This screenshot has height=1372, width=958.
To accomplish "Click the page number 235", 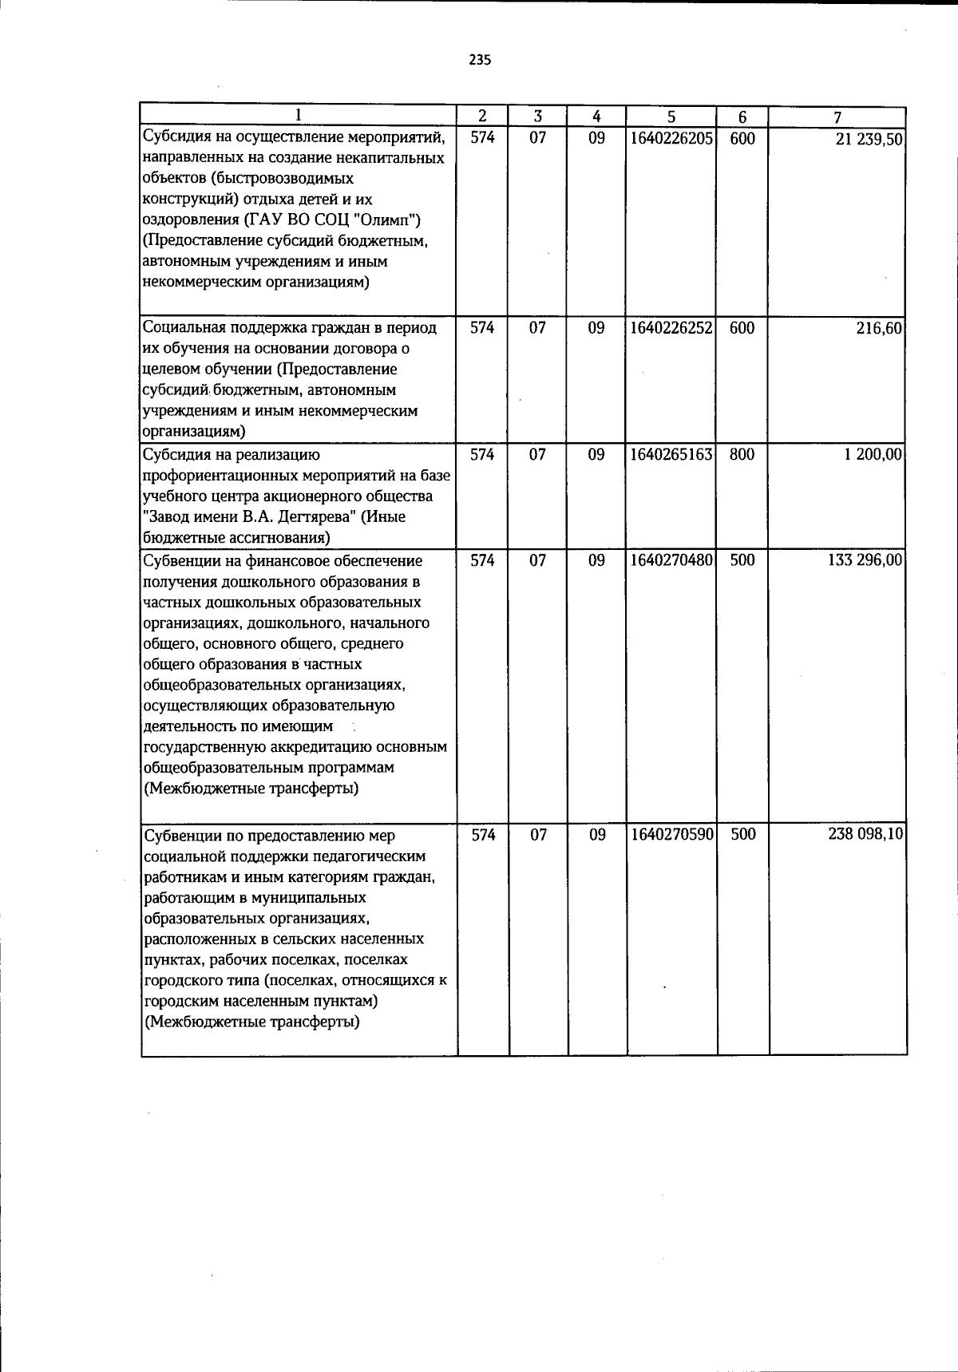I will [480, 61].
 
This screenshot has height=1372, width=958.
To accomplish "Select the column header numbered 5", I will [671, 117].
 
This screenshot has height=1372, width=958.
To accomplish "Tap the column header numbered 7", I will [837, 117].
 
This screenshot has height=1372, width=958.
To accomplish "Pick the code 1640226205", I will [671, 138].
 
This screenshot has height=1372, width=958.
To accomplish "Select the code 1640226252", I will [671, 328].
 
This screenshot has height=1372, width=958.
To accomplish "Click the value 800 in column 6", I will [742, 455].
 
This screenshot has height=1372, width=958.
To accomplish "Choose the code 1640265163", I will [671, 455].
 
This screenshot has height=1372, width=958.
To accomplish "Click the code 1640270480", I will [671, 560].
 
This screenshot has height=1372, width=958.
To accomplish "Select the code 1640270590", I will [671, 835].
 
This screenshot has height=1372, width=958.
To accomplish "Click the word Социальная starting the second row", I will [184, 328].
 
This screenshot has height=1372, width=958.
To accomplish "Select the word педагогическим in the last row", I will [373, 856].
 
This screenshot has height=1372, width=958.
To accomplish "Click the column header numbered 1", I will [298, 117].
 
